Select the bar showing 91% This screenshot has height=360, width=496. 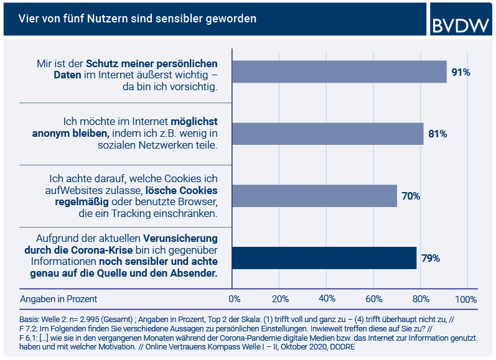click(339, 72)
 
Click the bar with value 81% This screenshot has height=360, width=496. click(328, 134)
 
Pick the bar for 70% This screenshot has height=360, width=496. click(314, 196)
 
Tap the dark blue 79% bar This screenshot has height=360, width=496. click(324, 258)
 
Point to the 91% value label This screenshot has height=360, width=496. click(461, 73)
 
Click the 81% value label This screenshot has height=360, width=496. click(438, 134)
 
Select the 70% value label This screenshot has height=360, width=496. click(411, 196)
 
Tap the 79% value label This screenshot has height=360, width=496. click(431, 258)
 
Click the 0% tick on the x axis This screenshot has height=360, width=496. click(235, 299)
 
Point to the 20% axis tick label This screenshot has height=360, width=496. click(280, 299)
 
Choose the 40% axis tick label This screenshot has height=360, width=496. click(327, 299)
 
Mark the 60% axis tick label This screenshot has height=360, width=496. click(373, 299)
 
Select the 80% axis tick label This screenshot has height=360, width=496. click(420, 299)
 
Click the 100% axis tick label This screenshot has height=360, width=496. click(466, 299)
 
